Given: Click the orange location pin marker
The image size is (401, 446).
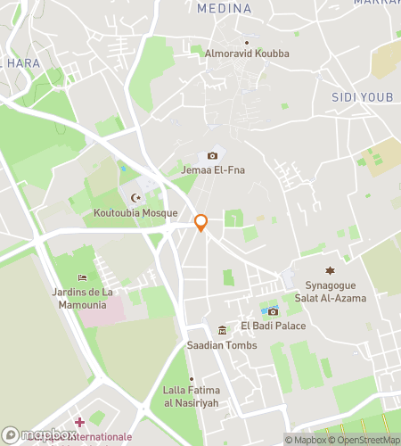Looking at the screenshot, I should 201,222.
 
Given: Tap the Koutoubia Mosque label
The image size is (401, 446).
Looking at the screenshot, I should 135,213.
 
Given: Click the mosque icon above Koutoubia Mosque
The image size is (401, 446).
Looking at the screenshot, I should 135,198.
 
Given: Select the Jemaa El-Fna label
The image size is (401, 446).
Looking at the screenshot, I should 213,170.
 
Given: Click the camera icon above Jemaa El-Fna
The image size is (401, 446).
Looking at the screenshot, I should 212,156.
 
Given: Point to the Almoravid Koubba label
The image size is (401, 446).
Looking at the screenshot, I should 247,54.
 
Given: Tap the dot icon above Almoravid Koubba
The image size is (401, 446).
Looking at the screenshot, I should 247,42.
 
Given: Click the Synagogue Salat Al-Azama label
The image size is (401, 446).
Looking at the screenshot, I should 330,292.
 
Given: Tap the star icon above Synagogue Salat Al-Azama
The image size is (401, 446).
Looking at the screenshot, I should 330,270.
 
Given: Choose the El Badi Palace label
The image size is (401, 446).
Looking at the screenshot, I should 273,326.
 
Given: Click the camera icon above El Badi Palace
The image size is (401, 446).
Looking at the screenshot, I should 273,311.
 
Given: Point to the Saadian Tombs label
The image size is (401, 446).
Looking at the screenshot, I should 222,345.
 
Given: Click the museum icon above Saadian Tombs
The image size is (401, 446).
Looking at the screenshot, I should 222,331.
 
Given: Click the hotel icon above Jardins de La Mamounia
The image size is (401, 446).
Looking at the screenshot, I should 82,277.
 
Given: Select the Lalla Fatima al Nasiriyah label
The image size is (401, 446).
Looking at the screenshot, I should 191,395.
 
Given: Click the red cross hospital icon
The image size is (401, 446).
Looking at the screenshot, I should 79,422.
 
